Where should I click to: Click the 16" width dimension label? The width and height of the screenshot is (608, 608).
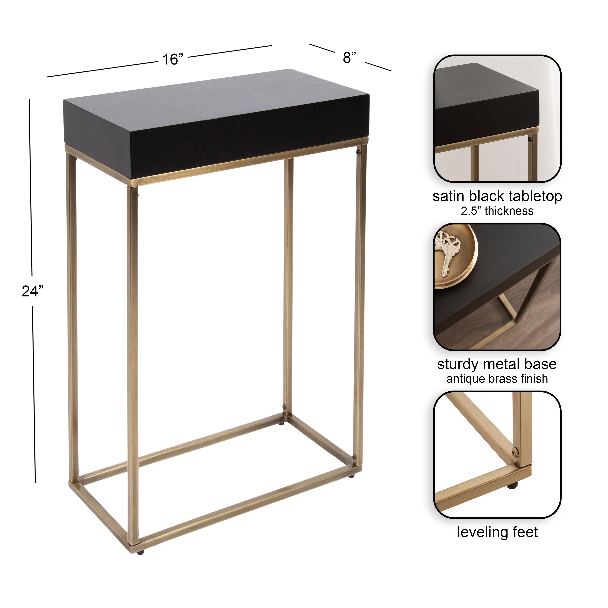172,59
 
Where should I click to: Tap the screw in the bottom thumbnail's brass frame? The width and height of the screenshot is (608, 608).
515,453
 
